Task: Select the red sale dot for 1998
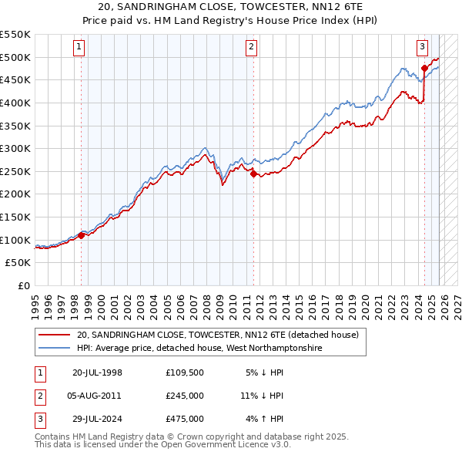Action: click(81, 235)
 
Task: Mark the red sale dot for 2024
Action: click(424, 68)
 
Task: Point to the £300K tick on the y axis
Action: click(16, 148)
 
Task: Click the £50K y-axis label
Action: click(19, 263)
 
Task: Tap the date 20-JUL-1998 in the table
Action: click(97, 372)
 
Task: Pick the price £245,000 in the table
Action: click(185, 396)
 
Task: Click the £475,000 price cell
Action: click(185, 419)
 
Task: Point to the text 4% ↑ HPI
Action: click(264, 419)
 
